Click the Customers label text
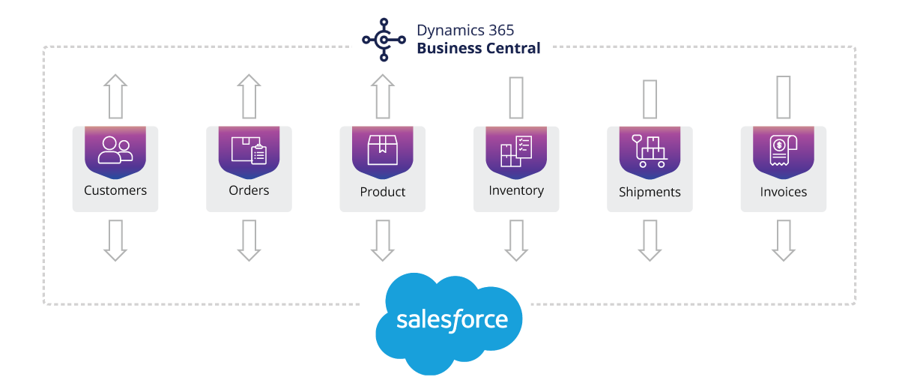(x=115, y=190)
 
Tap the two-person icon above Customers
(x=115, y=149)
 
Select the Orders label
(x=249, y=190)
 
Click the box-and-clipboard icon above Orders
(x=249, y=150)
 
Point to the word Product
(x=383, y=192)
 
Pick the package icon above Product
(x=382, y=150)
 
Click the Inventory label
(x=516, y=190)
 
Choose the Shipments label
(x=650, y=192)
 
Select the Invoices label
(x=784, y=192)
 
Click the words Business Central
(x=479, y=49)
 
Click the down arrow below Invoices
(x=783, y=241)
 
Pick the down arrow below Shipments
(x=650, y=241)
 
